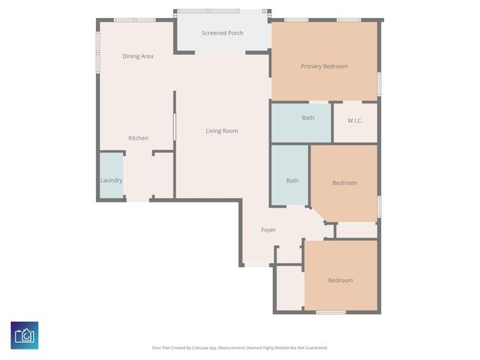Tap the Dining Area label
point(138,56)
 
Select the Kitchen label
point(138,138)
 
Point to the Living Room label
point(222,131)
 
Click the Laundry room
point(111,180)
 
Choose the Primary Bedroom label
point(324,66)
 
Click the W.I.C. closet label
point(355,120)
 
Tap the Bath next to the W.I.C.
point(307,118)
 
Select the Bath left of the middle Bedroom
point(292,180)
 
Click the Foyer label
point(268,230)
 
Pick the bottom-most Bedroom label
point(340,280)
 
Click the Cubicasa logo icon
point(25,334)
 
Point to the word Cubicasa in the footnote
point(197,347)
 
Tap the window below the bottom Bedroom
point(330,312)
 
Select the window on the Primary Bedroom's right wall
point(379,83)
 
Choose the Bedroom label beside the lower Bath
point(345,183)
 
